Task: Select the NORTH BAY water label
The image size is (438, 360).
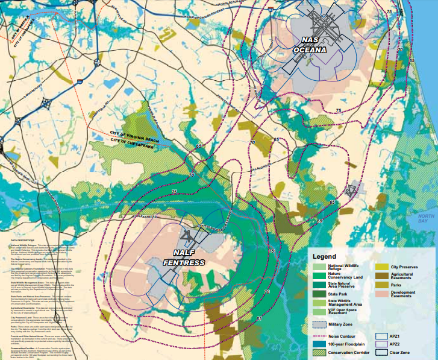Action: pyautogui.click(x=427, y=218)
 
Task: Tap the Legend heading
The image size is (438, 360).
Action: pyautogui.click(x=325, y=256)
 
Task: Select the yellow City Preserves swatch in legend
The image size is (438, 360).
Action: pyautogui.click(x=381, y=267)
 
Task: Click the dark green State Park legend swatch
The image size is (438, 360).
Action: pyautogui.click(x=319, y=293)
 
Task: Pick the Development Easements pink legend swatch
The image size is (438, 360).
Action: pyautogui.click(x=381, y=294)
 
